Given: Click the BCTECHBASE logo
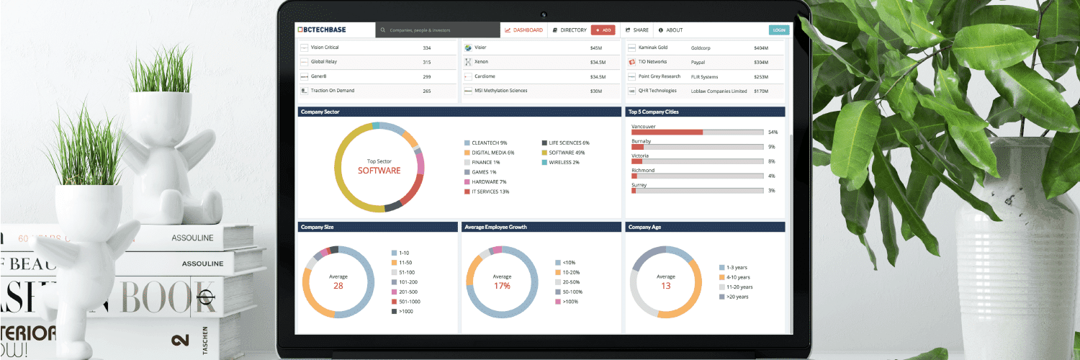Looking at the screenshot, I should [x=322, y=30].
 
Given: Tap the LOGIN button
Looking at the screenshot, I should [x=778, y=30].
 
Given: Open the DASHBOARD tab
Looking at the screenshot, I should [x=524, y=30].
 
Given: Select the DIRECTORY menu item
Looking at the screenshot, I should [x=570, y=30].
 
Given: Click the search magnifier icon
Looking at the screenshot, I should [x=383, y=30].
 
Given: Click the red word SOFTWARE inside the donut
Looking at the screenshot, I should [x=379, y=171].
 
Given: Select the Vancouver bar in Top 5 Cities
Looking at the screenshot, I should [x=697, y=132].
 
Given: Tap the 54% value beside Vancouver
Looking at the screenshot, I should [x=773, y=132].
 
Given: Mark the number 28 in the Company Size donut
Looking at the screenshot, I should [x=338, y=286].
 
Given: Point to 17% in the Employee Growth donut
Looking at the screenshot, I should [x=502, y=286].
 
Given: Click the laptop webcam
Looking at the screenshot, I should [x=544, y=14].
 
